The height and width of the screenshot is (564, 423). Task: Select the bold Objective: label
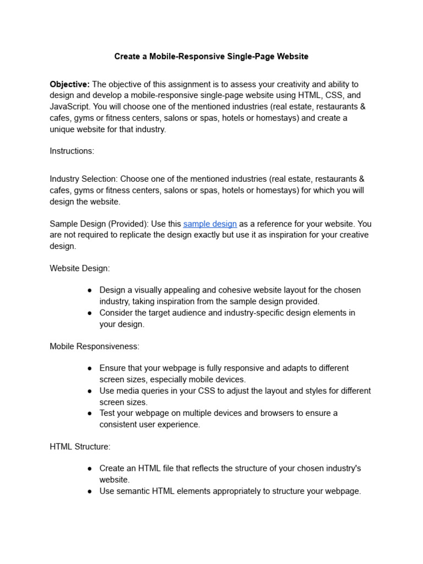(x=69, y=84)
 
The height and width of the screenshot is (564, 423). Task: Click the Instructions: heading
(x=72, y=151)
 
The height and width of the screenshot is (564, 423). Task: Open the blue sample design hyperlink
(x=210, y=224)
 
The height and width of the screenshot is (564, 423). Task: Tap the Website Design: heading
(x=80, y=268)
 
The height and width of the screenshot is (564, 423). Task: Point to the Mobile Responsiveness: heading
(x=95, y=346)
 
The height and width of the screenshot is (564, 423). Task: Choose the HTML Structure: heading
(x=80, y=447)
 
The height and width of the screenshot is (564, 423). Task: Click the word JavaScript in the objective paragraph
(x=69, y=107)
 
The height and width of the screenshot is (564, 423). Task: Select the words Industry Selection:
(x=84, y=179)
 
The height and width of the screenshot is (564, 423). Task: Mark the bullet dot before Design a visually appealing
(x=90, y=290)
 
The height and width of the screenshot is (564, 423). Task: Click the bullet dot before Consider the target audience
(x=90, y=313)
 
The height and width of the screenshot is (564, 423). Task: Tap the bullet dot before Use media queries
(x=90, y=391)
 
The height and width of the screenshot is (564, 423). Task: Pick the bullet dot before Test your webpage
(x=90, y=413)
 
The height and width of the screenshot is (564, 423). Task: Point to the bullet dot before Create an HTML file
(x=90, y=469)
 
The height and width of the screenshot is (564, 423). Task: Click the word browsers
(x=263, y=413)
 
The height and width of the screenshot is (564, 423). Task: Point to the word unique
(x=62, y=129)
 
